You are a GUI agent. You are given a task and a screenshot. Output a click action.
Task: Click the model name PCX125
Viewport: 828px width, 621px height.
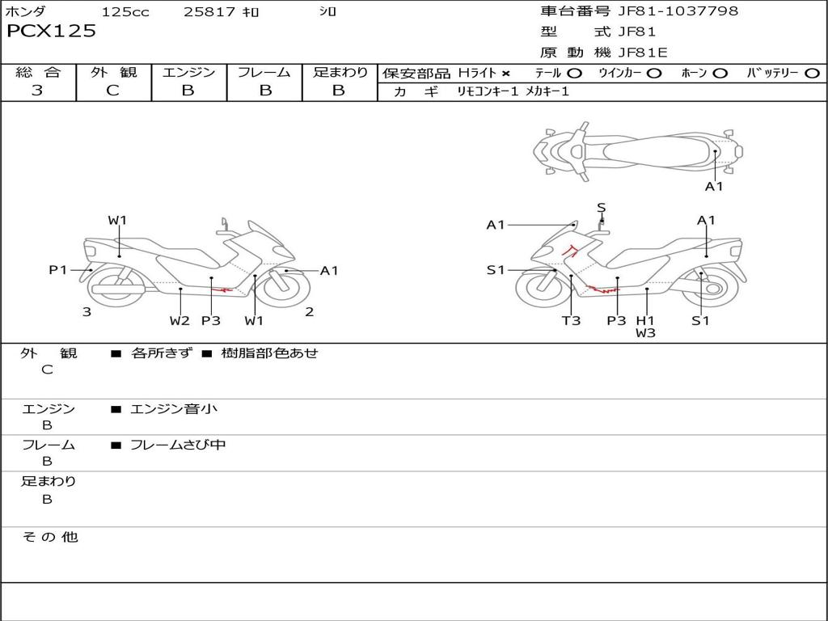pyautogui.click(x=51, y=32)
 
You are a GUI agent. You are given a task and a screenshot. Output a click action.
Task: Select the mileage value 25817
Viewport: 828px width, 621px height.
pyautogui.click(x=209, y=12)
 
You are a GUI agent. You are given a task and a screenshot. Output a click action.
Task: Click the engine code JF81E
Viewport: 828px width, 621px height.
pyautogui.click(x=643, y=53)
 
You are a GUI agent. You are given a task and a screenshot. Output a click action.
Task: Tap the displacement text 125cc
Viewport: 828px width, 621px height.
pyautogui.click(x=125, y=12)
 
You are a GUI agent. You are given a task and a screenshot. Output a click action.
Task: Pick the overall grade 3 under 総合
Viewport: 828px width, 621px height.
pyautogui.click(x=37, y=91)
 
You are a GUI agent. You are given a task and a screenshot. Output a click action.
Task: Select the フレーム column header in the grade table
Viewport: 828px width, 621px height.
pyautogui.click(x=264, y=73)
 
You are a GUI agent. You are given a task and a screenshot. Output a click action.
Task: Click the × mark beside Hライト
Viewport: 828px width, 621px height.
pyautogui.click(x=506, y=74)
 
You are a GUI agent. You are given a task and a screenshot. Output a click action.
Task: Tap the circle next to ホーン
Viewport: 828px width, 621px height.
pyautogui.click(x=720, y=74)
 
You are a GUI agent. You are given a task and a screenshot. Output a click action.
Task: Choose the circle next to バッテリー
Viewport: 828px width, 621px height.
pyautogui.click(x=812, y=74)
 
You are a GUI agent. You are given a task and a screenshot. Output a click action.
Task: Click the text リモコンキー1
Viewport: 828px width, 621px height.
pyautogui.click(x=488, y=92)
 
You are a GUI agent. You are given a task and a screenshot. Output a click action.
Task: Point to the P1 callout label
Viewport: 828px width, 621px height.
pyautogui.click(x=58, y=270)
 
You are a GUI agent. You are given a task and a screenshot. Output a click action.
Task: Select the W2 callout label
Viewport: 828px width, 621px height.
pyautogui.click(x=180, y=320)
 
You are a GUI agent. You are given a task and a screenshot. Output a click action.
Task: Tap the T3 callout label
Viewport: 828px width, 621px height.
pyautogui.click(x=571, y=320)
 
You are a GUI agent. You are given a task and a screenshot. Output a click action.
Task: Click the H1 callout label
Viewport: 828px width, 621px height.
pyautogui.click(x=644, y=320)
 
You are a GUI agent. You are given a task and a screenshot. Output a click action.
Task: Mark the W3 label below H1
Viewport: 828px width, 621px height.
pyautogui.click(x=644, y=332)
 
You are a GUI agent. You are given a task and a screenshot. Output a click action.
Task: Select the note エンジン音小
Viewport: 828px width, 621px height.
pyautogui.click(x=174, y=409)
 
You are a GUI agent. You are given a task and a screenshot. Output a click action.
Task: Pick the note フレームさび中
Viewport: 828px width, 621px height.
pyautogui.click(x=178, y=445)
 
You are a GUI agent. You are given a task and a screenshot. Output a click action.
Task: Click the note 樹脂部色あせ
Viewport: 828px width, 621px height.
pyautogui.click(x=270, y=353)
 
